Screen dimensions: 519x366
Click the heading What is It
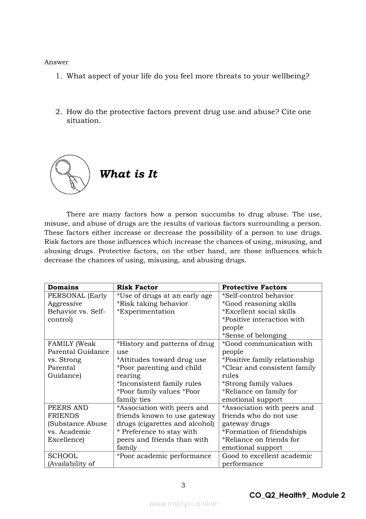[x=128, y=174]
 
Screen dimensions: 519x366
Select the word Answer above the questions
[x=56, y=62]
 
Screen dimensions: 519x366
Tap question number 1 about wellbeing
[x=187, y=76]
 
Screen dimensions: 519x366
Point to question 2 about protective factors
[x=188, y=116]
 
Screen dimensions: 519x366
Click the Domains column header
[x=63, y=287]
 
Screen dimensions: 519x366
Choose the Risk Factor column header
[x=137, y=287]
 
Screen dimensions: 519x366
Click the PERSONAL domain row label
[x=77, y=307]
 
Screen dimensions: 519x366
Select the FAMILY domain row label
[x=78, y=360]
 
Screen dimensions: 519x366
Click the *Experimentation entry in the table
[x=146, y=312]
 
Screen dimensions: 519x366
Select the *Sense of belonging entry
[x=254, y=336]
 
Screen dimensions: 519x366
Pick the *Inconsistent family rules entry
[x=159, y=384]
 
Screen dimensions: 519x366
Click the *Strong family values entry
[x=257, y=384]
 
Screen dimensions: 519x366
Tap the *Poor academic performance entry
[x=164, y=456]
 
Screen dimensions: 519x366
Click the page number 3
[x=183, y=485]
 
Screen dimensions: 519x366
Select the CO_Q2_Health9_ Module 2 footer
[x=297, y=495]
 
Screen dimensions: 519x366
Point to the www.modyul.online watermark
[x=183, y=503]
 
